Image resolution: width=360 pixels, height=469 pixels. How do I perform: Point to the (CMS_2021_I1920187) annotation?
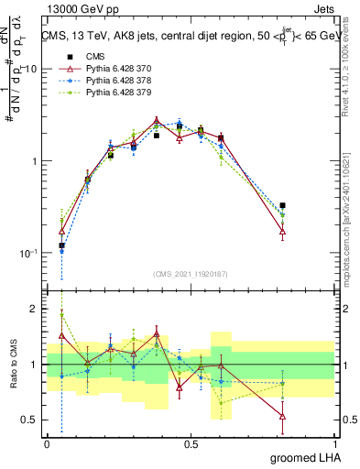click(191, 273)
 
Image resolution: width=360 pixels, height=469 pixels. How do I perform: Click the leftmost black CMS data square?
click(61, 245)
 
